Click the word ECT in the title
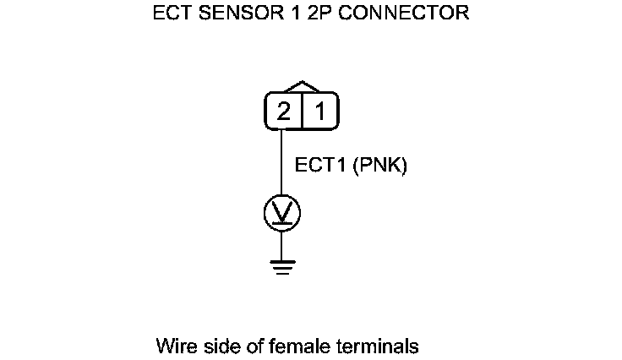click(171, 14)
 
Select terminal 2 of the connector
click(283, 112)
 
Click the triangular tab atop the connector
click(302, 87)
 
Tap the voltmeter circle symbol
click(282, 213)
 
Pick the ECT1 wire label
click(319, 166)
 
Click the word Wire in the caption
click(174, 346)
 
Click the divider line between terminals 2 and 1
click(301, 112)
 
